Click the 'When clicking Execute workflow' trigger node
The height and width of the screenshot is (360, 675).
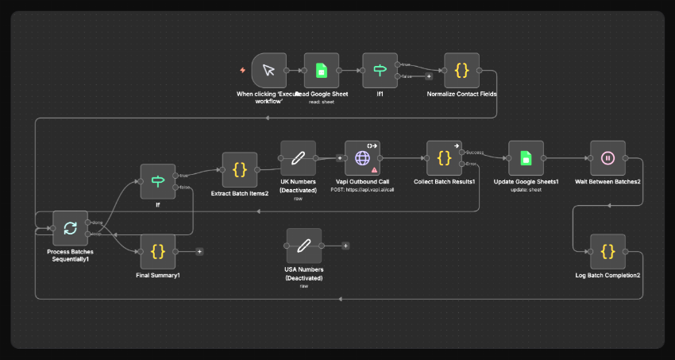coord(268,71)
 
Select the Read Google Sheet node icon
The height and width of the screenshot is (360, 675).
coord(321,71)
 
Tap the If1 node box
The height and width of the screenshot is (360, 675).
coord(380,71)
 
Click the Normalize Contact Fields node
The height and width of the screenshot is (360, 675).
coord(461,71)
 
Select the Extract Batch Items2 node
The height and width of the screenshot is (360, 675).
coord(239,169)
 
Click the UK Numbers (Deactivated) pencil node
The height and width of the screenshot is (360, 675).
coord(298,158)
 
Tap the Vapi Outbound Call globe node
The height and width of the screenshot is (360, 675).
coord(362,158)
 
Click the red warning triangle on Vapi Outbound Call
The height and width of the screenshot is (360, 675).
coord(374,170)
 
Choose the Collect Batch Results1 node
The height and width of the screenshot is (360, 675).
coord(444,158)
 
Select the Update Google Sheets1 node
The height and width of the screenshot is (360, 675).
coord(526,158)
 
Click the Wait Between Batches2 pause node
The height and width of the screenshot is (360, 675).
coord(607,158)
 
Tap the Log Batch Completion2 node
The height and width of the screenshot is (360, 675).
coord(607,251)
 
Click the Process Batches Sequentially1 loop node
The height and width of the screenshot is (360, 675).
coord(70,228)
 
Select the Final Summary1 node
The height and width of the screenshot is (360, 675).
coord(157,251)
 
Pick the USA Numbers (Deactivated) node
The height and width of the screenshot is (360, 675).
coord(303,246)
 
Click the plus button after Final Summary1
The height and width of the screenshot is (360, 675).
coord(199,251)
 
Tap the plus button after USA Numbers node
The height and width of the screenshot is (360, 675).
coord(345,246)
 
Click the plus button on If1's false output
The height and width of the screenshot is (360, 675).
coord(429,77)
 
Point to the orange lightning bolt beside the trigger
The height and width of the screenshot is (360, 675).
coord(243,71)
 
